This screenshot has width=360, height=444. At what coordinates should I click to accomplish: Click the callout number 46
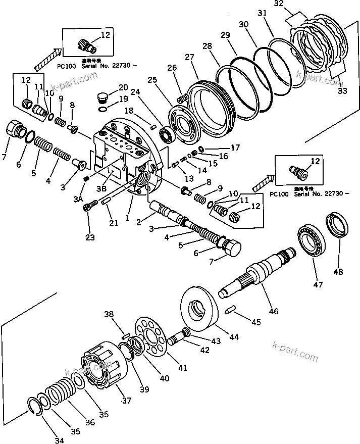(273, 311)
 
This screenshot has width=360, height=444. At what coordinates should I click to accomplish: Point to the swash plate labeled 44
(199, 309)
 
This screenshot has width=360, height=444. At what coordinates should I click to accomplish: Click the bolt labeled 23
(89, 206)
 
